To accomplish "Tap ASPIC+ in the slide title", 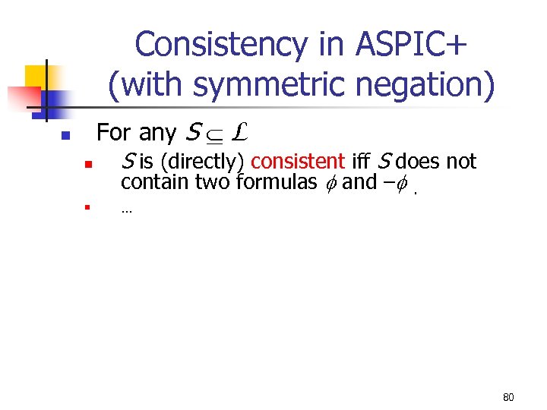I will [406, 45].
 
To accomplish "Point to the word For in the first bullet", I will [114, 133].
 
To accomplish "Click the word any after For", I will [158, 133].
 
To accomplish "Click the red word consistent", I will [298, 162].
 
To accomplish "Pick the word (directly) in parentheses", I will [203, 162].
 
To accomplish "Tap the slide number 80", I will [508, 397].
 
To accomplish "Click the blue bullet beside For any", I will [65, 137].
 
